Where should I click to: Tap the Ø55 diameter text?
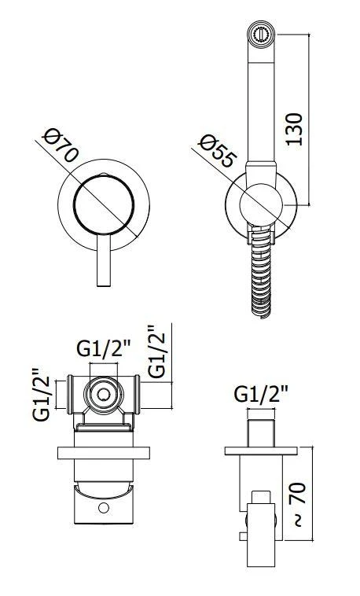pyautogui.click(x=217, y=150)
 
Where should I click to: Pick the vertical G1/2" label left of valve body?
pyautogui.click(x=42, y=395)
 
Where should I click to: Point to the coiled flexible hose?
pyautogui.click(x=259, y=275)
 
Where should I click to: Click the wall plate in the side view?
pyautogui.click(x=262, y=451)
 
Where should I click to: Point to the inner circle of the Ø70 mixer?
pyautogui.click(x=102, y=202)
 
